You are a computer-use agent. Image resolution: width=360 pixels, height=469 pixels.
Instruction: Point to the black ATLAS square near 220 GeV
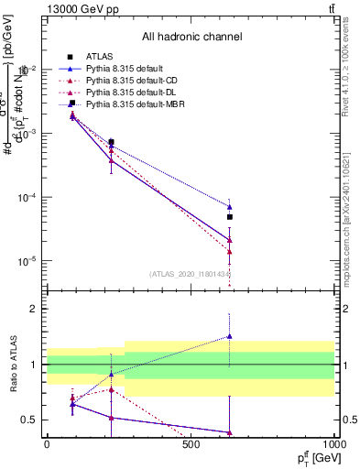pos(111,142)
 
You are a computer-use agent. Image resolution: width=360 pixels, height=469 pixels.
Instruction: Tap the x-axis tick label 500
pos(191,445)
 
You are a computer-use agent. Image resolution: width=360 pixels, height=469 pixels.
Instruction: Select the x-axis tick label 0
pos(47,445)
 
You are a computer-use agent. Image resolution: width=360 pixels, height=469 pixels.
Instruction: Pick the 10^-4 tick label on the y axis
pos(27,197)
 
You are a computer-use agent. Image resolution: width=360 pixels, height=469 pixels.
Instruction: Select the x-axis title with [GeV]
pos(313,458)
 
